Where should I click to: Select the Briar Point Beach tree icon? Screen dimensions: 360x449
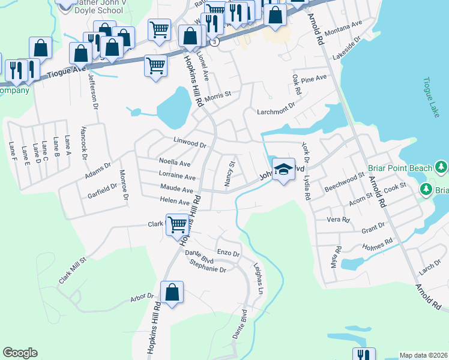pyautogui.click(x=442, y=166)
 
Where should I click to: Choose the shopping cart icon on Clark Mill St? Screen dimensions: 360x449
pyautogui.click(x=177, y=225)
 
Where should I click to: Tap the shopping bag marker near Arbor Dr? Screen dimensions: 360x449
pyautogui.click(x=172, y=293)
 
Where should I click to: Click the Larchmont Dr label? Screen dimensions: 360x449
pyautogui.click(x=276, y=109)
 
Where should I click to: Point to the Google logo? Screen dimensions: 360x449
pyautogui.click(x=20, y=353)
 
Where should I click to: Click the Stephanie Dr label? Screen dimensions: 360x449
pyautogui.click(x=207, y=269)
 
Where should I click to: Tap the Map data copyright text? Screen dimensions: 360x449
pyautogui.click(x=424, y=355)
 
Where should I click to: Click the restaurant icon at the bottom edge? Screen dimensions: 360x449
pyautogui.click(x=363, y=355)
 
